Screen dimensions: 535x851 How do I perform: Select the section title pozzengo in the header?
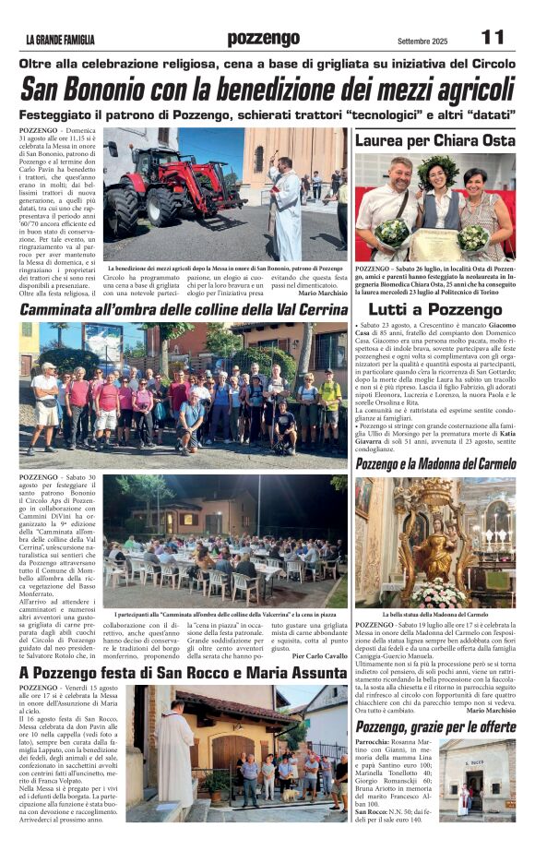(x=264, y=39)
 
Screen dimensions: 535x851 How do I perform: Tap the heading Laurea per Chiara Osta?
(x=434, y=140)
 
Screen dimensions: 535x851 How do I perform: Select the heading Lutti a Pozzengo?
(x=435, y=310)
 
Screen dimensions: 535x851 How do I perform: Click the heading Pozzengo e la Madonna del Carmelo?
(x=435, y=463)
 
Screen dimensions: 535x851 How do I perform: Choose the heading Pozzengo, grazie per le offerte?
(x=435, y=727)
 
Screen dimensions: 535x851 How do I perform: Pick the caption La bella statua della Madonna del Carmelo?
(x=434, y=614)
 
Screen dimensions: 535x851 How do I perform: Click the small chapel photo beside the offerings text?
(x=477, y=779)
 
